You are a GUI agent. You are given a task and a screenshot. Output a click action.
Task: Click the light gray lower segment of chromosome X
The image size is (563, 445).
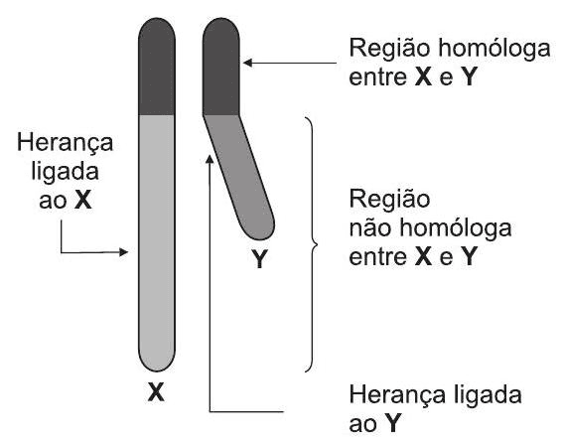[156, 238]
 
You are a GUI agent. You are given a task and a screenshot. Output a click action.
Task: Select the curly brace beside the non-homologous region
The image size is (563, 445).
[311, 243]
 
